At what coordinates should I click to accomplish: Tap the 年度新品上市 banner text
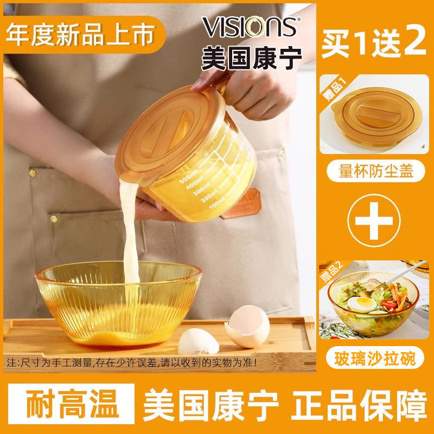(x=79, y=32)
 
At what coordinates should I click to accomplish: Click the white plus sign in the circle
(x=374, y=220)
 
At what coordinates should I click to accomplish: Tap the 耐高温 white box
(x=72, y=404)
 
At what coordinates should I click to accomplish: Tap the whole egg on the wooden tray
(x=247, y=326)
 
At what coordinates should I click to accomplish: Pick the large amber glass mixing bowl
(x=117, y=304)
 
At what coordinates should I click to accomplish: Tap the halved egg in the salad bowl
(x=361, y=303)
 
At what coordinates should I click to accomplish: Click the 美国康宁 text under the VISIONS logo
(x=251, y=58)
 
